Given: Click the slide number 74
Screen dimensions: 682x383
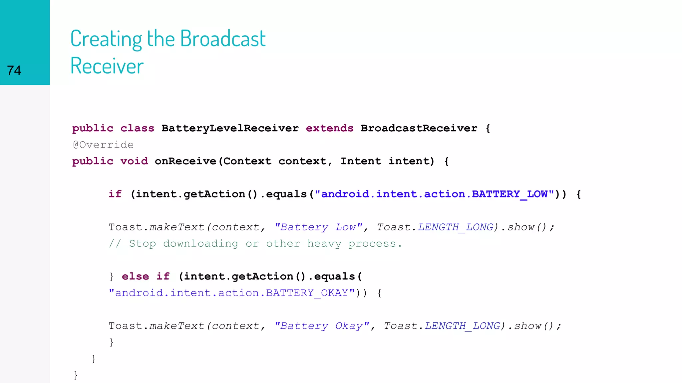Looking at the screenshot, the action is (14, 70).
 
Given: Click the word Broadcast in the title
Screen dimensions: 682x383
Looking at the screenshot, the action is (222, 39).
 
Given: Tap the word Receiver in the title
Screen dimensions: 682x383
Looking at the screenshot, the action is (107, 66).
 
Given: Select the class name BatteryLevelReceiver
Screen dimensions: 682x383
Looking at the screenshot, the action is (230, 128).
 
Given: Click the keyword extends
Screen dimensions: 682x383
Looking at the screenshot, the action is (329, 128).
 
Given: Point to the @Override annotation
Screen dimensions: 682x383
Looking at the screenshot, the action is (103, 145).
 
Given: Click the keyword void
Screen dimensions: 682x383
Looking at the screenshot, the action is (134, 161).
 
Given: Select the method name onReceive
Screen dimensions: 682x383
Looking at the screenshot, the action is (185, 161).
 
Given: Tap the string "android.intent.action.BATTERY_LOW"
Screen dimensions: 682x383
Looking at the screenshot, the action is (434, 194).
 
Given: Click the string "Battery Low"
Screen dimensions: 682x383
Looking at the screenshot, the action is (318, 227).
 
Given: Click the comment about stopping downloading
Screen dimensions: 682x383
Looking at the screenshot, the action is (255, 244).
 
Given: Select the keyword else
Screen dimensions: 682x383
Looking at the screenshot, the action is (135, 276).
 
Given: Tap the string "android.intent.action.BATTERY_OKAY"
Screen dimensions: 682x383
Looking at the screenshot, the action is (232, 293).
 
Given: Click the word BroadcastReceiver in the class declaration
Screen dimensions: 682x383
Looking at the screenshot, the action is (419, 128).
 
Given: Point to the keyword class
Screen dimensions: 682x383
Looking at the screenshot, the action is (137, 128).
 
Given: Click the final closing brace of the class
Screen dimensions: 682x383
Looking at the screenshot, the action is (76, 375).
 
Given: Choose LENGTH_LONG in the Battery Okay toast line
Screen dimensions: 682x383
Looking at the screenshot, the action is (462, 326).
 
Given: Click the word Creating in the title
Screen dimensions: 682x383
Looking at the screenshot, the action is (106, 39).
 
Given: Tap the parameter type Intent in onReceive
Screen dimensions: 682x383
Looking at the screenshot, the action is (361, 161).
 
